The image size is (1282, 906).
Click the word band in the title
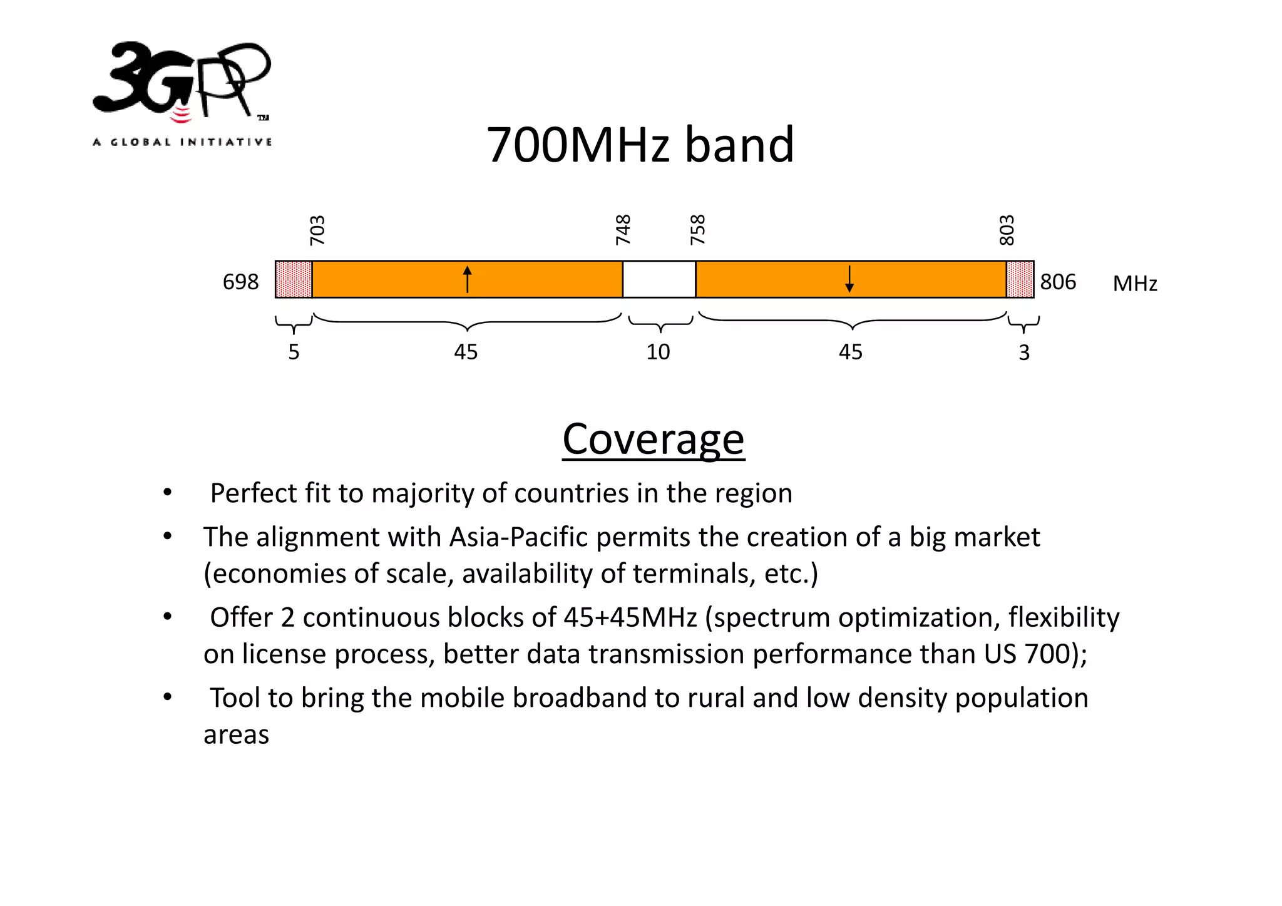739,145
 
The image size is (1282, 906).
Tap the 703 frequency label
317,230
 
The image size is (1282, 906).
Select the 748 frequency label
623,230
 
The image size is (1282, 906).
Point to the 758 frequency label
697,230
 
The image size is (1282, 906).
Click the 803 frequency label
1006,230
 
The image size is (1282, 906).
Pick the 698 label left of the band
240,282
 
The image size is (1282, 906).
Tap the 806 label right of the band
1058,282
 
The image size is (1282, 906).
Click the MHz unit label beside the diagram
1135,284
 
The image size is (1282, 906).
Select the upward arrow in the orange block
467,279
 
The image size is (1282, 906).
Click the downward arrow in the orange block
849,279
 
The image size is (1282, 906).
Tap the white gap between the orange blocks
659,279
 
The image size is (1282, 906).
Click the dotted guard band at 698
294,279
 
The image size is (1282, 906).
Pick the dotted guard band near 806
1020,279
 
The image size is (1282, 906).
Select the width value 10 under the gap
658,352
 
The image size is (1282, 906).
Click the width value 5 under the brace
294,352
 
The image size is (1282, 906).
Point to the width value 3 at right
1024,353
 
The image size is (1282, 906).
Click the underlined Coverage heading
653,439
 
